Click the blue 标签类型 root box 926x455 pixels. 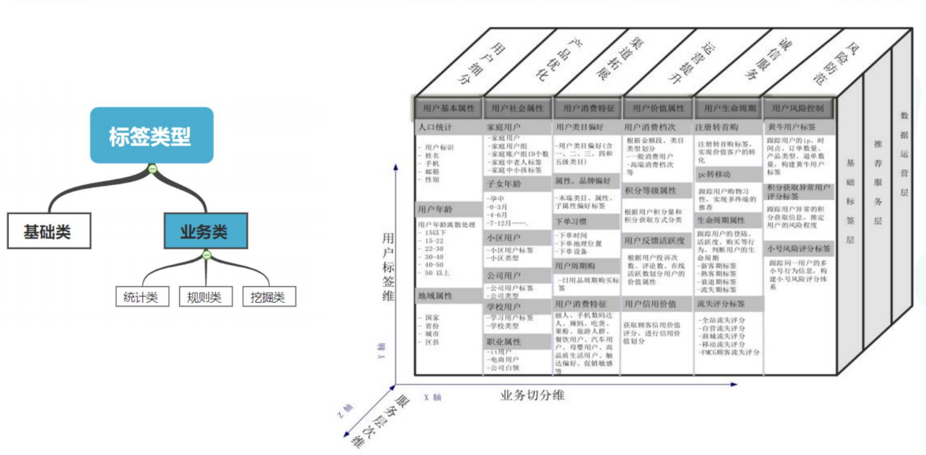coord(152,135)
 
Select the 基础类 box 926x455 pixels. coord(48,232)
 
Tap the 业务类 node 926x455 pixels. coord(205,232)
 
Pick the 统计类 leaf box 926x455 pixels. coord(142,297)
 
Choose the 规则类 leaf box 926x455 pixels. coord(206,297)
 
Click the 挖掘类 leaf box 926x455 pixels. coord(269,297)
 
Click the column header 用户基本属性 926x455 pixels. coord(449,108)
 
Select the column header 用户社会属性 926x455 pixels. coord(518,108)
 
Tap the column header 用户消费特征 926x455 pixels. coord(588,108)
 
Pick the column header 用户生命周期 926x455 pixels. coord(728,108)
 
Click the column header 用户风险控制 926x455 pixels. coord(798,108)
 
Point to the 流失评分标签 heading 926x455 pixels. coord(724,304)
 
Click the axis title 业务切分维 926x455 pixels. coord(532,395)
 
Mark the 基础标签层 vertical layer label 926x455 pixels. coord(850,201)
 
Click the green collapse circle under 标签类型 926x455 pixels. coord(152,168)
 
